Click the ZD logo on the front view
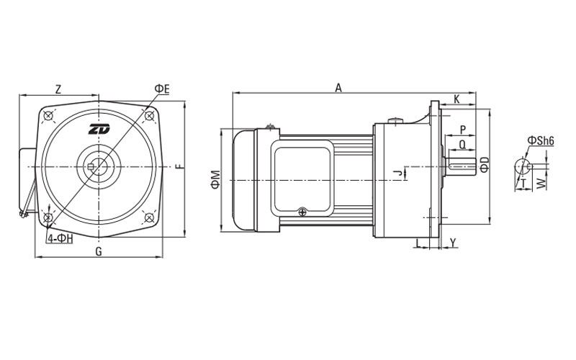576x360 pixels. pos(99,130)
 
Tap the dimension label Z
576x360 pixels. pos(58,89)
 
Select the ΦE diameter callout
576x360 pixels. pos(162,89)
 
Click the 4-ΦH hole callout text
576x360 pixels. pos(60,238)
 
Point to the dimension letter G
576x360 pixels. pos(99,251)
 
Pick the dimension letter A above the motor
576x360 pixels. pos(338,88)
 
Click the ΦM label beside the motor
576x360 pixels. pos(215,179)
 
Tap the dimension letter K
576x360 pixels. pos(456,99)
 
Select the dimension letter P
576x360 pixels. pos(463,130)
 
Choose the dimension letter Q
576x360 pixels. pos(462,145)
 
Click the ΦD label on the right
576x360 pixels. pos(485,165)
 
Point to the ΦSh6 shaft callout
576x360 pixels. pos(541,140)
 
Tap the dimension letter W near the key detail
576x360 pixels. pos(541,184)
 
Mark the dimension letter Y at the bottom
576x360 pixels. pos(453,242)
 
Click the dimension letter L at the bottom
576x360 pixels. pos(418,243)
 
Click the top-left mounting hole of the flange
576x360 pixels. pos(48,116)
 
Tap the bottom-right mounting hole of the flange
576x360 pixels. pos(149,217)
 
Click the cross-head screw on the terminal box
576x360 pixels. pos(302,212)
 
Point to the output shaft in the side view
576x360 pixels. pos(461,166)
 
